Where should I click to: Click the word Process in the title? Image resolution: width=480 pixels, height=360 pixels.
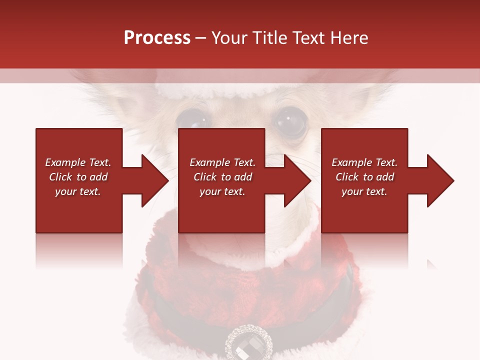[x=157, y=38]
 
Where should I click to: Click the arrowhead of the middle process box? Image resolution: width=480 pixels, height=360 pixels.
[x=297, y=180]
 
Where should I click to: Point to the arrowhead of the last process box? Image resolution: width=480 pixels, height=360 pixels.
[x=439, y=180]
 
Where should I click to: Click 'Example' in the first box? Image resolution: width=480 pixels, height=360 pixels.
[x=65, y=162]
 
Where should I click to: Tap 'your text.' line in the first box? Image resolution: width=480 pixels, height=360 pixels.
[x=78, y=191]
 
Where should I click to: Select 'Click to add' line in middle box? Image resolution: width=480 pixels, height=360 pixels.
[x=222, y=177]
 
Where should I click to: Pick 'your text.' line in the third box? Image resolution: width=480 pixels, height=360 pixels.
[x=364, y=191]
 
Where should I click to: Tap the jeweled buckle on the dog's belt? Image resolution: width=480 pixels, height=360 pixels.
[x=248, y=343]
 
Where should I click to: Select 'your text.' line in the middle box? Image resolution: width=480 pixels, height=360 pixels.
[x=222, y=191]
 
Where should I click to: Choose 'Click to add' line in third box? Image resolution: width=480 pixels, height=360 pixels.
[x=364, y=177]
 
